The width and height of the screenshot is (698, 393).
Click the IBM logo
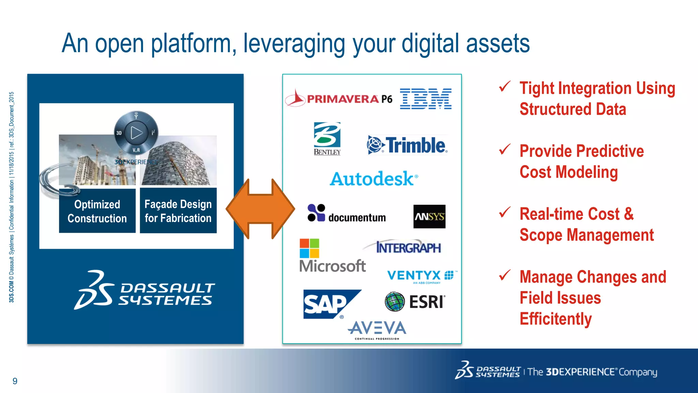pyautogui.click(x=426, y=99)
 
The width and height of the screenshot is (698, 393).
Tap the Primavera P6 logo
pyautogui.click(x=339, y=99)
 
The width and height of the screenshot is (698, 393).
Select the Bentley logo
pyautogui.click(x=327, y=139)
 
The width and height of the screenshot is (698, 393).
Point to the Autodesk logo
pyautogui.click(x=374, y=179)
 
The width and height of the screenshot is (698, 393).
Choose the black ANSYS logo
pyautogui.click(x=429, y=216)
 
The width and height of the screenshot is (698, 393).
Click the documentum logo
pyautogui.click(x=347, y=214)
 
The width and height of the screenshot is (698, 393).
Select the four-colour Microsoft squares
pyautogui.click(x=309, y=248)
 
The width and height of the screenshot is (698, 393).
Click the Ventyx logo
pyautogui.click(x=421, y=276)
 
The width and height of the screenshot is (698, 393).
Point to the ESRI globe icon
pyautogui.click(x=395, y=302)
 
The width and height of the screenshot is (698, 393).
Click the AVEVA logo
pyautogui.click(x=377, y=329)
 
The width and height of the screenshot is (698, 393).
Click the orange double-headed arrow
pyautogui.click(x=260, y=208)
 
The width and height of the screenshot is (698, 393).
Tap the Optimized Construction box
pyautogui.click(x=97, y=211)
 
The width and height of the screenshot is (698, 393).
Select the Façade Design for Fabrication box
pyautogui.click(x=178, y=211)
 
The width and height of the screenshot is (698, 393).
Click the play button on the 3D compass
pyautogui.click(x=136, y=133)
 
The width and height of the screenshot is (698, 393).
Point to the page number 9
pyautogui.click(x=15, y=381)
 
